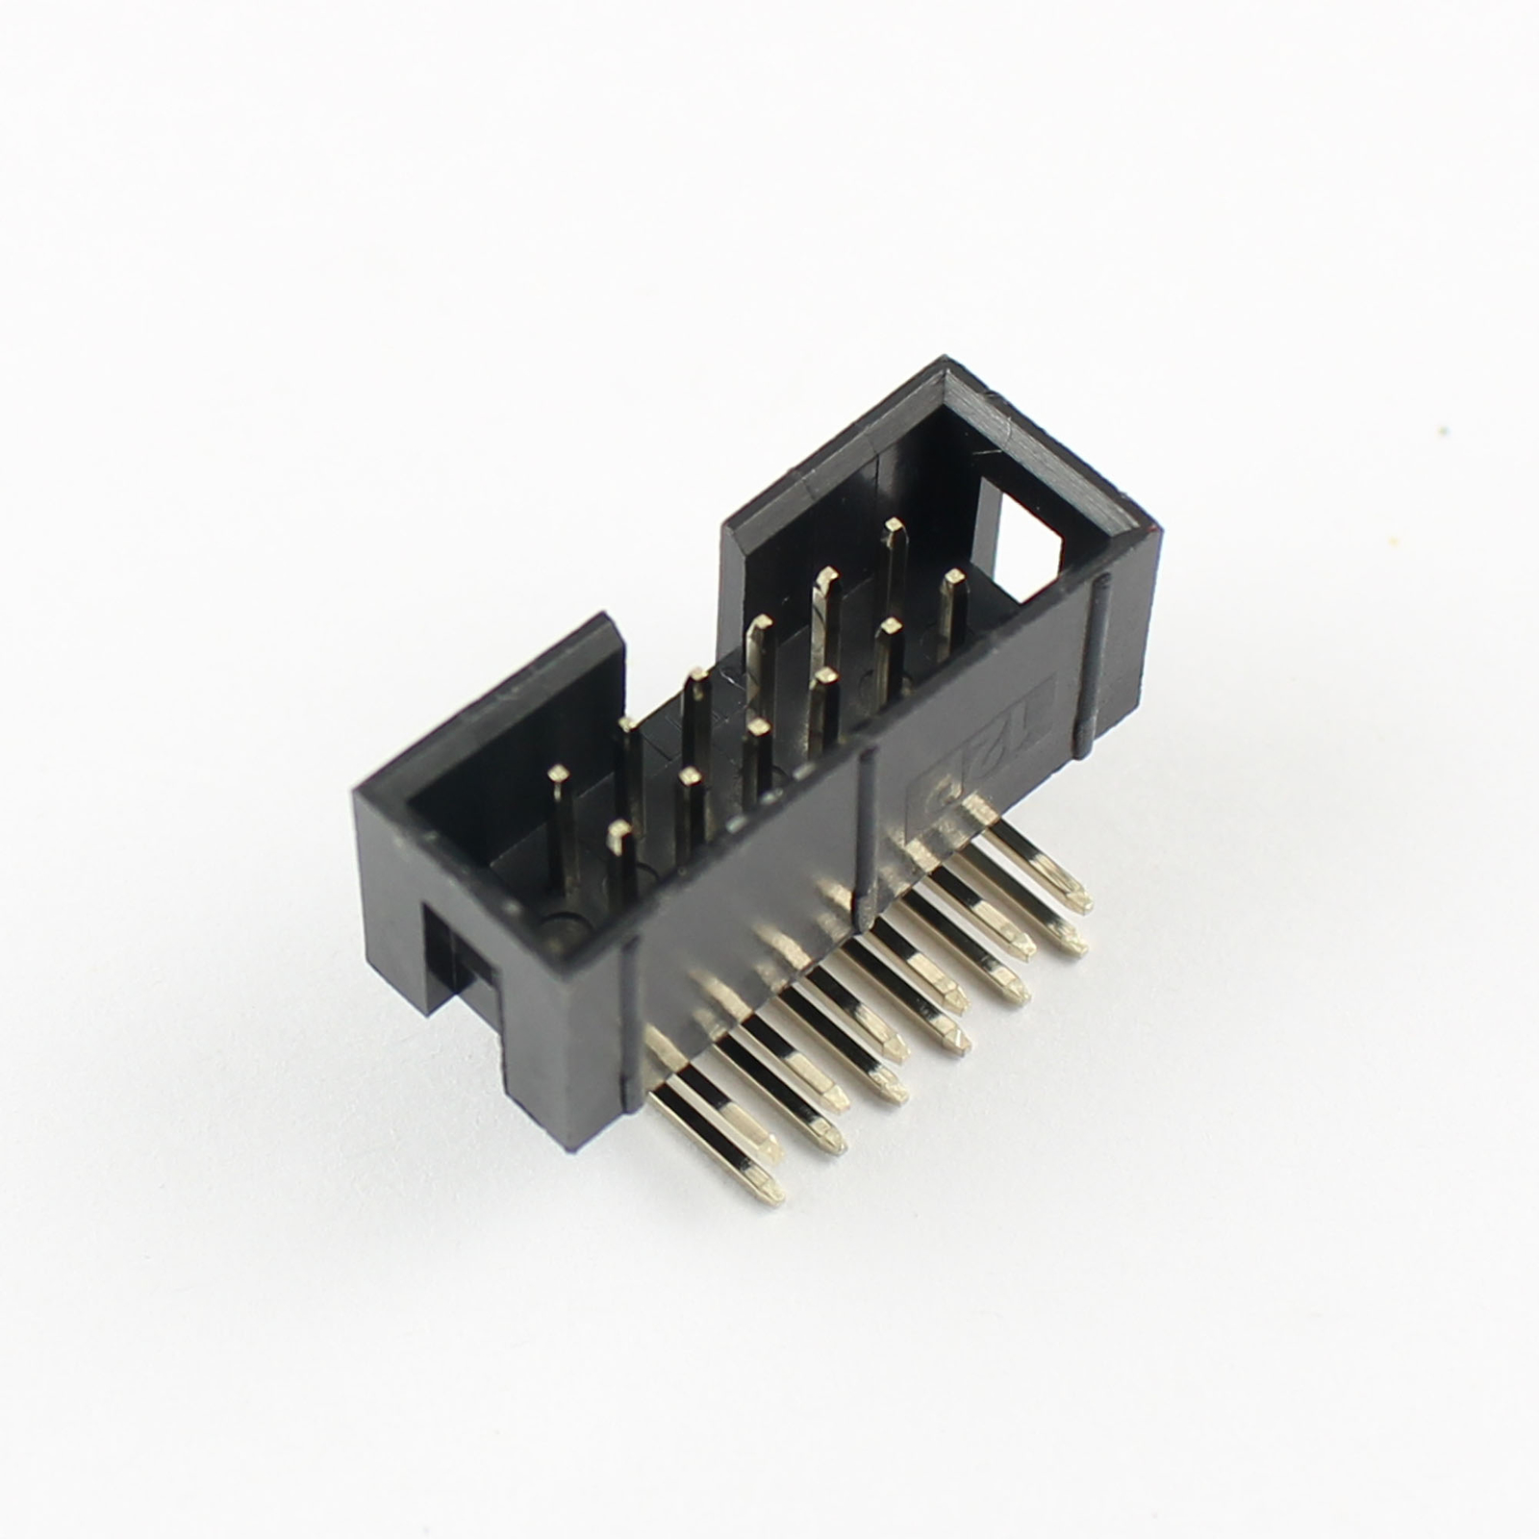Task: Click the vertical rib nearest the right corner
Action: [x=1093, y=664]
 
